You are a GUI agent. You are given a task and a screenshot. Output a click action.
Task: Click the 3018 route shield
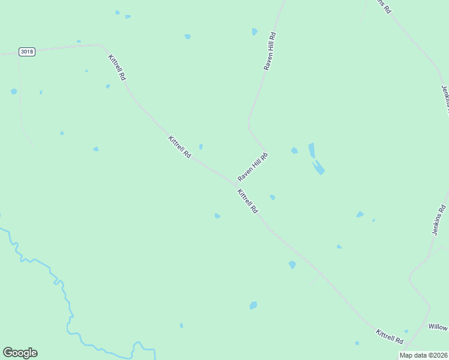tap(26, 52)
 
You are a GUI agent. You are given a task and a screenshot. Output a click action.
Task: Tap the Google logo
tap(20, 353)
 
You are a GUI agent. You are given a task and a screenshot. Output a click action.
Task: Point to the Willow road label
tap(438, 327)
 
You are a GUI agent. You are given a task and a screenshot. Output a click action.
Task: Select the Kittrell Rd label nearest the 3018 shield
tap(117, 67)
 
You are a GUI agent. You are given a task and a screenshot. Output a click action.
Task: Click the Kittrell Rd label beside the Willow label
tap(390, 336)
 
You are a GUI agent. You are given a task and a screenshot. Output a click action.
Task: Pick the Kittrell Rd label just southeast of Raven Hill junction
tap(247, 202)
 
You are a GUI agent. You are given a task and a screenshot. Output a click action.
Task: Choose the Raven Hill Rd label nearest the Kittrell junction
tap(253, 167)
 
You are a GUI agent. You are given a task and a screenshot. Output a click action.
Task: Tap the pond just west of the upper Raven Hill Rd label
tap(255, 32)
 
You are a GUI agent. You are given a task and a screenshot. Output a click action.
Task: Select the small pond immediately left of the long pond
tap(294, 150)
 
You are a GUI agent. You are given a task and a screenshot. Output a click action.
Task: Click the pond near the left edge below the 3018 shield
tap(13, 91)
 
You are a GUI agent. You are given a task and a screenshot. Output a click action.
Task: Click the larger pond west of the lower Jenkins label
tap(360, 214)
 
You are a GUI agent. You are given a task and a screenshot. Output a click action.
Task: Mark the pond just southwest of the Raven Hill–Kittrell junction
tap(217, 215)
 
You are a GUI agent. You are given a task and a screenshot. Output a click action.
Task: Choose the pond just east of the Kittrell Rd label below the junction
tap(272, 197)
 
